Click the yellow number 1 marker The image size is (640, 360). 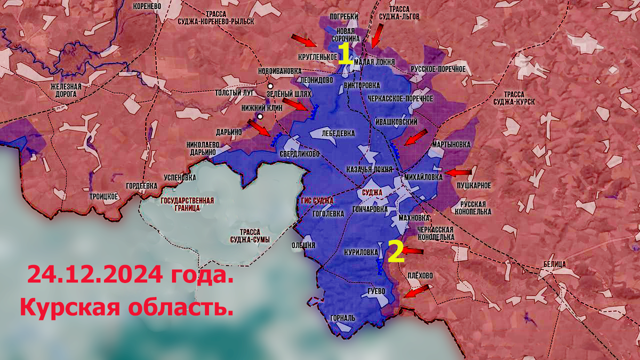click(345, 54)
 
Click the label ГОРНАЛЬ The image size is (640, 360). click(342, 318)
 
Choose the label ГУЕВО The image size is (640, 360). click(377, 291)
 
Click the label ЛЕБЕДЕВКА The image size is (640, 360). click(338, 133)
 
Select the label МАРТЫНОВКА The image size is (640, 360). click(452, 144)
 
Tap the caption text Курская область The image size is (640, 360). click(126, 308)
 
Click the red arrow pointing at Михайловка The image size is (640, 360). click(459, 172)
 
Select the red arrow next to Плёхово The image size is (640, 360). click(417, 291)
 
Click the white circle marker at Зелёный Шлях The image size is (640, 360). click(270, 86)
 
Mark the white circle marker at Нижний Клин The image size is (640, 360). click(260, 116)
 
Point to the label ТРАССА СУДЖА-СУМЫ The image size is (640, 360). click(249, 236)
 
